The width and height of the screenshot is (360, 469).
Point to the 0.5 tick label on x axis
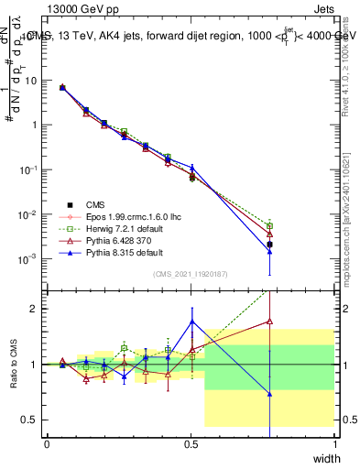coord(191,443)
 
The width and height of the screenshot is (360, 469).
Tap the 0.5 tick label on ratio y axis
coord(32,420)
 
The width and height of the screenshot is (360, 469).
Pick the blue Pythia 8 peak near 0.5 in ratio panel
coord(191,321)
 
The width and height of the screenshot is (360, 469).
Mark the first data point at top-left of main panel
coord(61,87)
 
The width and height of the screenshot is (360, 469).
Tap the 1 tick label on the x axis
coord(336,443)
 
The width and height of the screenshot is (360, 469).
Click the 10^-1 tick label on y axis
coord(29,169)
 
